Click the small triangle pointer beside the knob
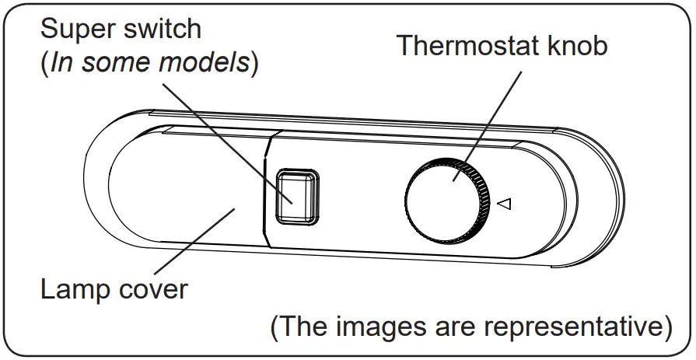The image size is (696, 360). [504, 205]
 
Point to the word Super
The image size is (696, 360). [75, 30]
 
